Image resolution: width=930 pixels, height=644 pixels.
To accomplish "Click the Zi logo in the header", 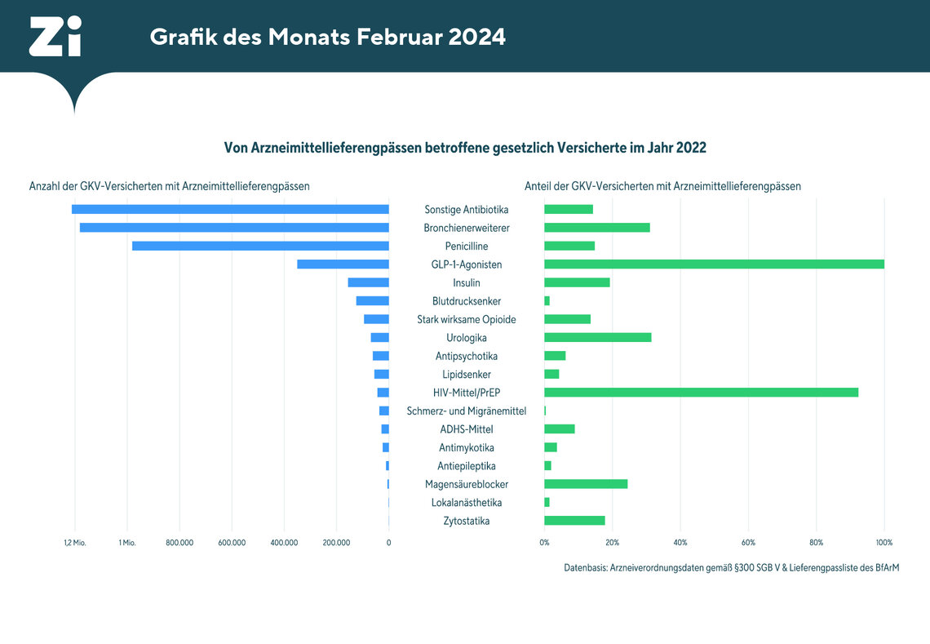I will (55, 37).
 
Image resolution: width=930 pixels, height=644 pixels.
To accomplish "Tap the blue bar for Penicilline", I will (260, 246).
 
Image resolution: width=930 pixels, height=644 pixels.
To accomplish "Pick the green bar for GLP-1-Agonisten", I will (714, 264).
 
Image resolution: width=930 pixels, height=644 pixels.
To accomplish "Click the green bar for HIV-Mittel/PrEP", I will (701, 393).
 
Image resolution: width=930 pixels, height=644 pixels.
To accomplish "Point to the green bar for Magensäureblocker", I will (586, 484).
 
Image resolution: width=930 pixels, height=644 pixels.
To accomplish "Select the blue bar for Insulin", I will (368, 282).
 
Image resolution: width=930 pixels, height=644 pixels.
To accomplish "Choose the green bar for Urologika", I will (598, 337).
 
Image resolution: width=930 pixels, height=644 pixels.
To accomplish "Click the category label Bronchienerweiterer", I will (467, 228).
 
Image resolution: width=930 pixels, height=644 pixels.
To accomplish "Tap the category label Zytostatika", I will (467, 521).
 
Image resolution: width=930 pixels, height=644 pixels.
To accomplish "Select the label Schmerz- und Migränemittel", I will (467, 411).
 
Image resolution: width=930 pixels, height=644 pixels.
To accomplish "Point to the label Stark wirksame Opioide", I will (467, 319).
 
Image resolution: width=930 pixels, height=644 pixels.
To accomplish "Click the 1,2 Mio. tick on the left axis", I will (74, 542).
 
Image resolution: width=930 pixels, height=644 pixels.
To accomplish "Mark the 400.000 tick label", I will (284, 542).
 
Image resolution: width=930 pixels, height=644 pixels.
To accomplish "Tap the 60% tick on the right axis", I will (748, 542).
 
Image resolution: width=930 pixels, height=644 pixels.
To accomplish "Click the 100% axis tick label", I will (883, 542).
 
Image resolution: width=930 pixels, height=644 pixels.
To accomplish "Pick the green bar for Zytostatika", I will (574, 521).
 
